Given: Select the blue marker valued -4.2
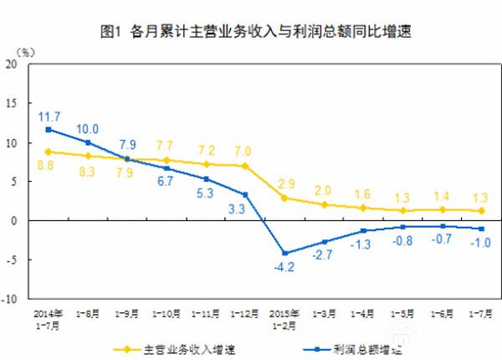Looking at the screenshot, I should coord(284,253).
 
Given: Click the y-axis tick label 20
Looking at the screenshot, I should coord(12,65).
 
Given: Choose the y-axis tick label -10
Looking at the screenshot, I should coord(10,298).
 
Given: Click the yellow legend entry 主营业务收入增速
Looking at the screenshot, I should coord(167,344).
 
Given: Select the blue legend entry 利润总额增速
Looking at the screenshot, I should coord(355,344).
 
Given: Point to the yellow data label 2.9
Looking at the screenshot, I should coord(286,183).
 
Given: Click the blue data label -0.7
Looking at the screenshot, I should coord(443,239).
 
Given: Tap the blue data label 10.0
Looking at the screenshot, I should coord(88,128).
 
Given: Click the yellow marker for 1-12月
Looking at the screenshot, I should coord(245,166).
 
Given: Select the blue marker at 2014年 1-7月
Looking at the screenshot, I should coord(49,130).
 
